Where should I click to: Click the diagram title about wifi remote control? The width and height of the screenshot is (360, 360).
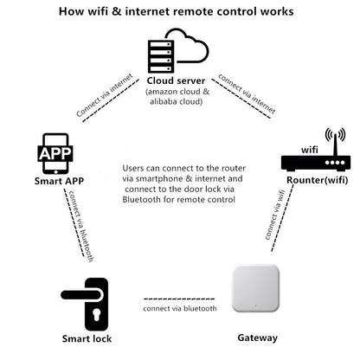pos(180,12)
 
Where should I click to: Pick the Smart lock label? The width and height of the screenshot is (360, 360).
pos(87,338)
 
